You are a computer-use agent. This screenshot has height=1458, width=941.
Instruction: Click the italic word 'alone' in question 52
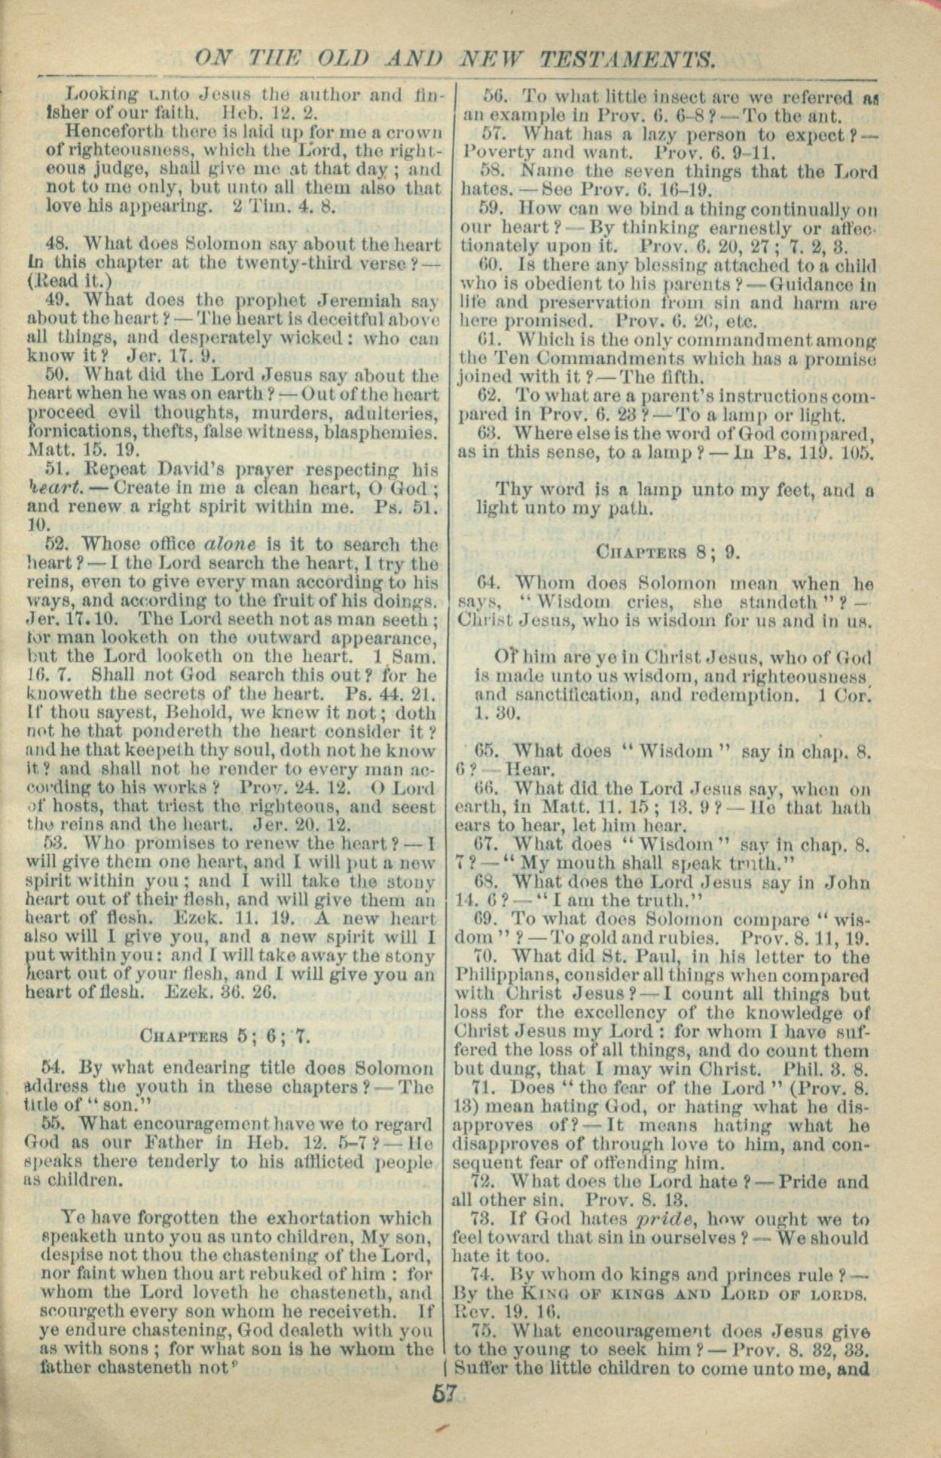pyautogui.click(x=233, y=544)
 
